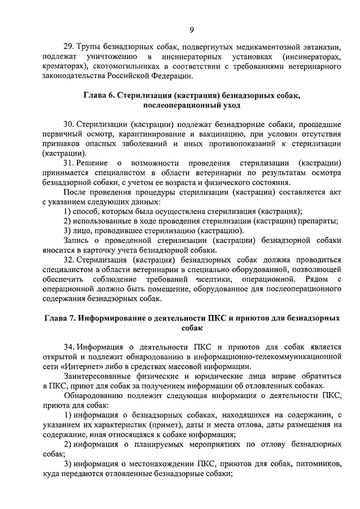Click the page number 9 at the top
point(191,30)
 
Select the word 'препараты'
point(319,221)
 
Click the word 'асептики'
point(216,280)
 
